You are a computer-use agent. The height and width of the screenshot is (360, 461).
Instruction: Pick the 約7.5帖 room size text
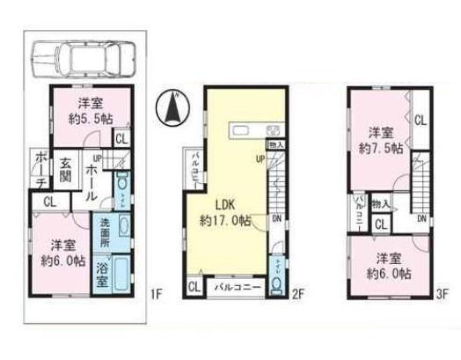point(379,151)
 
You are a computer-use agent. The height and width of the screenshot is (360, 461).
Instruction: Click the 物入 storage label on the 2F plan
point(275,143)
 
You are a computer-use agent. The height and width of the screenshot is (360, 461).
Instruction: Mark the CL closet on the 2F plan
point(193,286)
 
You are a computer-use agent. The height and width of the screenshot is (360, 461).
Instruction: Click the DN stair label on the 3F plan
point(423,218)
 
